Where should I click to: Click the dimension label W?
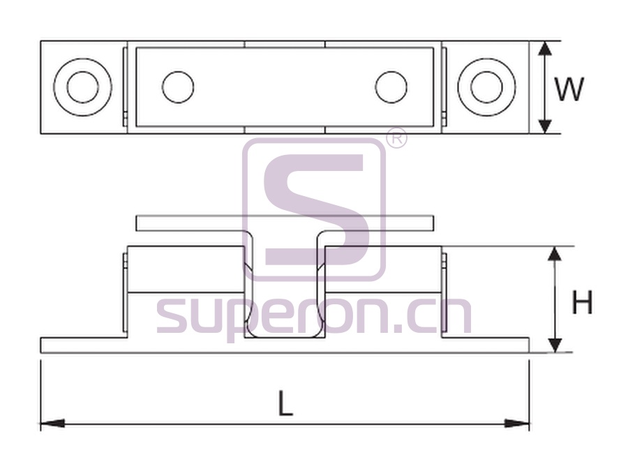[x=569, y=89]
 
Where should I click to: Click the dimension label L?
[x=285, y=403]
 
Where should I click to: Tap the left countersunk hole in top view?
[x=83, y=87]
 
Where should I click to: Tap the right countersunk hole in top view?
[x=486, y=87]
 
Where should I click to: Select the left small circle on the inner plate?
[x=178, y=87]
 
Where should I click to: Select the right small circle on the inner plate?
[x=391, y=87]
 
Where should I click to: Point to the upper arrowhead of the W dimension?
[x=545, y=48]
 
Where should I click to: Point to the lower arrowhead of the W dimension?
[x=545, y=126]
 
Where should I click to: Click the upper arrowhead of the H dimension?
[x=554, y=254]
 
